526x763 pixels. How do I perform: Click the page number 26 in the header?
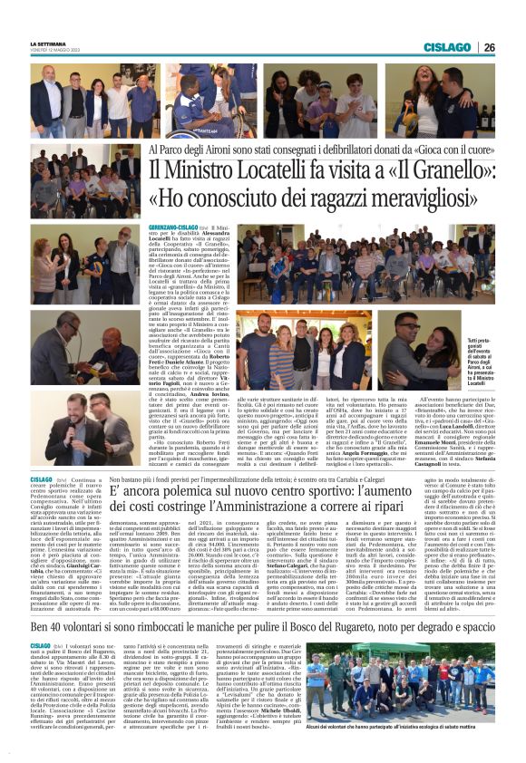click(x=489, y=47)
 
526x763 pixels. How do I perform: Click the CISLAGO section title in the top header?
click(x=447, y=47)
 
